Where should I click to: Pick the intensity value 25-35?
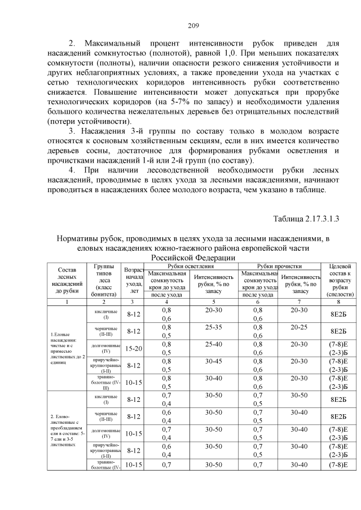point(214,326)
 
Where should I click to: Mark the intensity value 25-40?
point(214,344)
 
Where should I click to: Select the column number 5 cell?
point(214,302)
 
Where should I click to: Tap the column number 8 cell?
point(338,302)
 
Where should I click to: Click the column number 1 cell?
point(67,302)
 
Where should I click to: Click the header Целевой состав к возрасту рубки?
point(338,280)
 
